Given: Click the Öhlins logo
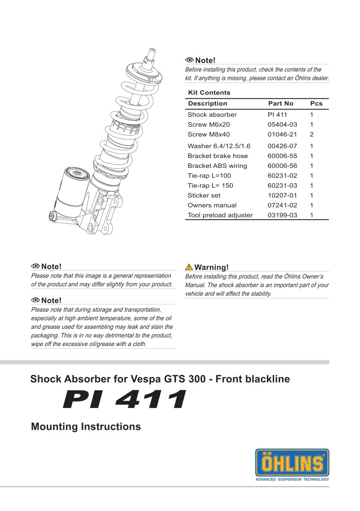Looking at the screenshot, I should click(x=292, y=463).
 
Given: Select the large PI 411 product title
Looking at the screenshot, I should click(x=124, y=400).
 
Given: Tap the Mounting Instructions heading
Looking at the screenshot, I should click(x=86, y=427).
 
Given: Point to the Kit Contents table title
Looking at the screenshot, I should click(x=209, y=93).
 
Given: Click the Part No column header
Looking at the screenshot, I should click(x=281, y=103).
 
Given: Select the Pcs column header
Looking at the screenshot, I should click(x=316, y=103).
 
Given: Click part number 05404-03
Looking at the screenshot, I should click(x=282, y=125).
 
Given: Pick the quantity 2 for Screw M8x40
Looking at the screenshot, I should click(x=312, y=134).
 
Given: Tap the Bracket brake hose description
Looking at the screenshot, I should click(x=218, y=156).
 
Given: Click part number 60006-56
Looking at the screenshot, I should click(x=282, y=166).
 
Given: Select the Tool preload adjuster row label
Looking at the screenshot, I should click(x=220, y=215).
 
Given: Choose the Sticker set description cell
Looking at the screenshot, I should click(x=204, y=195).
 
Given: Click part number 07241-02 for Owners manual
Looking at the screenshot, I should click(x=282, y=205).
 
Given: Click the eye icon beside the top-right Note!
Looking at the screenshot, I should click(x=189, y=60).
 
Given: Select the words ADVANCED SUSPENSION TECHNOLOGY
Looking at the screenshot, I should click(x=292, y=479).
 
